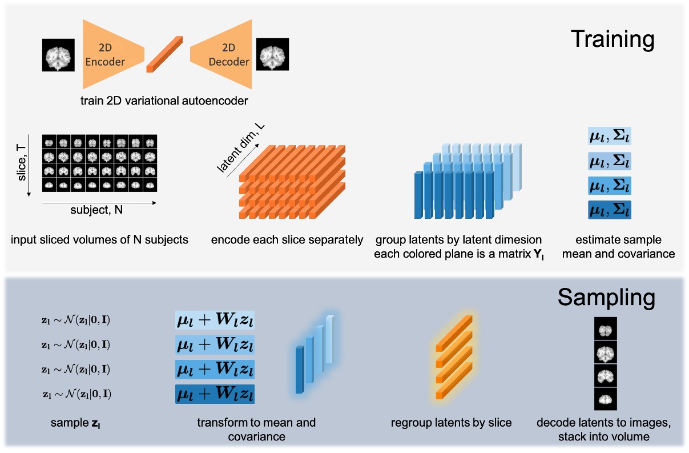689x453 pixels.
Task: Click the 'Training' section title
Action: tap(613, 39)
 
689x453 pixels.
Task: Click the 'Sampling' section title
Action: tap(606, 297)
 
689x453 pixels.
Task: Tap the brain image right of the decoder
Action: tap(272, 55)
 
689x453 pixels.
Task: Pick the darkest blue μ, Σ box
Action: tap(610, 210)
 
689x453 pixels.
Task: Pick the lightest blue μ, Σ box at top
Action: tap(610, 137)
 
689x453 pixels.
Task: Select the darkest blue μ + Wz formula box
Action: tap(215, 394)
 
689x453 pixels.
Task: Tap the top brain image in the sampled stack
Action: tap(606, 330)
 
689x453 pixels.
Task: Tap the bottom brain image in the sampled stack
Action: tap(606, 398)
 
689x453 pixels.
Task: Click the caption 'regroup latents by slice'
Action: tap(451, 423)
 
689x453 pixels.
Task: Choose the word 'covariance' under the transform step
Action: tap(256, 437)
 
